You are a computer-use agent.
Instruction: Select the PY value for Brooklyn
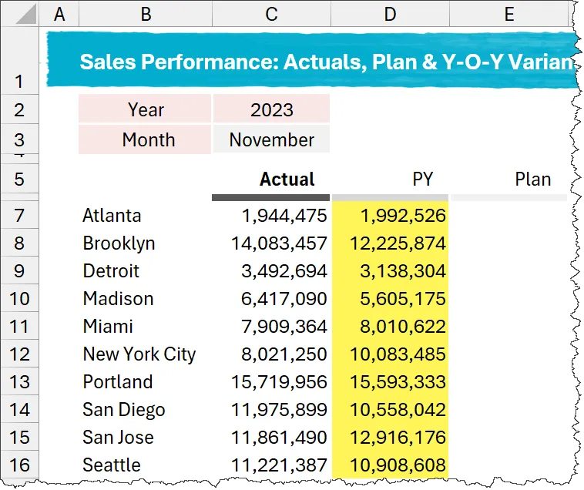tap(397, 243)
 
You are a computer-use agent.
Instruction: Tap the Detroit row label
tap(111, 271)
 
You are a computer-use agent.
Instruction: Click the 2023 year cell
tap(271, 109)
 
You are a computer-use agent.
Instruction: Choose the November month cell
tap(271, 140)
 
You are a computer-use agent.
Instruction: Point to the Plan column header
tap(532, 180)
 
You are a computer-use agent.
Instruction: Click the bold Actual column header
tap(287, 180)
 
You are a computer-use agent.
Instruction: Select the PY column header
tap(422, 180)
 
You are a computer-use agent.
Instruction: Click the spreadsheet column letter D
tap(390, 14)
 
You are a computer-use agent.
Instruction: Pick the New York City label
tap(139, 354)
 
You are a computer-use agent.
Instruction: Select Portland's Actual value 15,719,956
tap(279, 382)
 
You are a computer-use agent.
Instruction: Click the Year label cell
tap(146, 109)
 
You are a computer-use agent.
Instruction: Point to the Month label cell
tap(148, 140)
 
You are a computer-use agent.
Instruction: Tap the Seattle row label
tap(112, 465)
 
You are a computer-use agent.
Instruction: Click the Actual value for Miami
tap(283, 327)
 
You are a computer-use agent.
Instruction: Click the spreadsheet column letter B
tap(145, 14)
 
